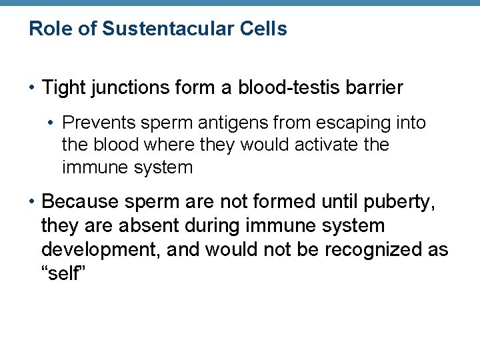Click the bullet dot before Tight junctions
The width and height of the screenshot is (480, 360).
[33, 87]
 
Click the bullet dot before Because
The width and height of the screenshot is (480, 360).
[33, 201]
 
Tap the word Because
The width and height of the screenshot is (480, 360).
[79, 201]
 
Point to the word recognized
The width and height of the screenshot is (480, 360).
[377, 249]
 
